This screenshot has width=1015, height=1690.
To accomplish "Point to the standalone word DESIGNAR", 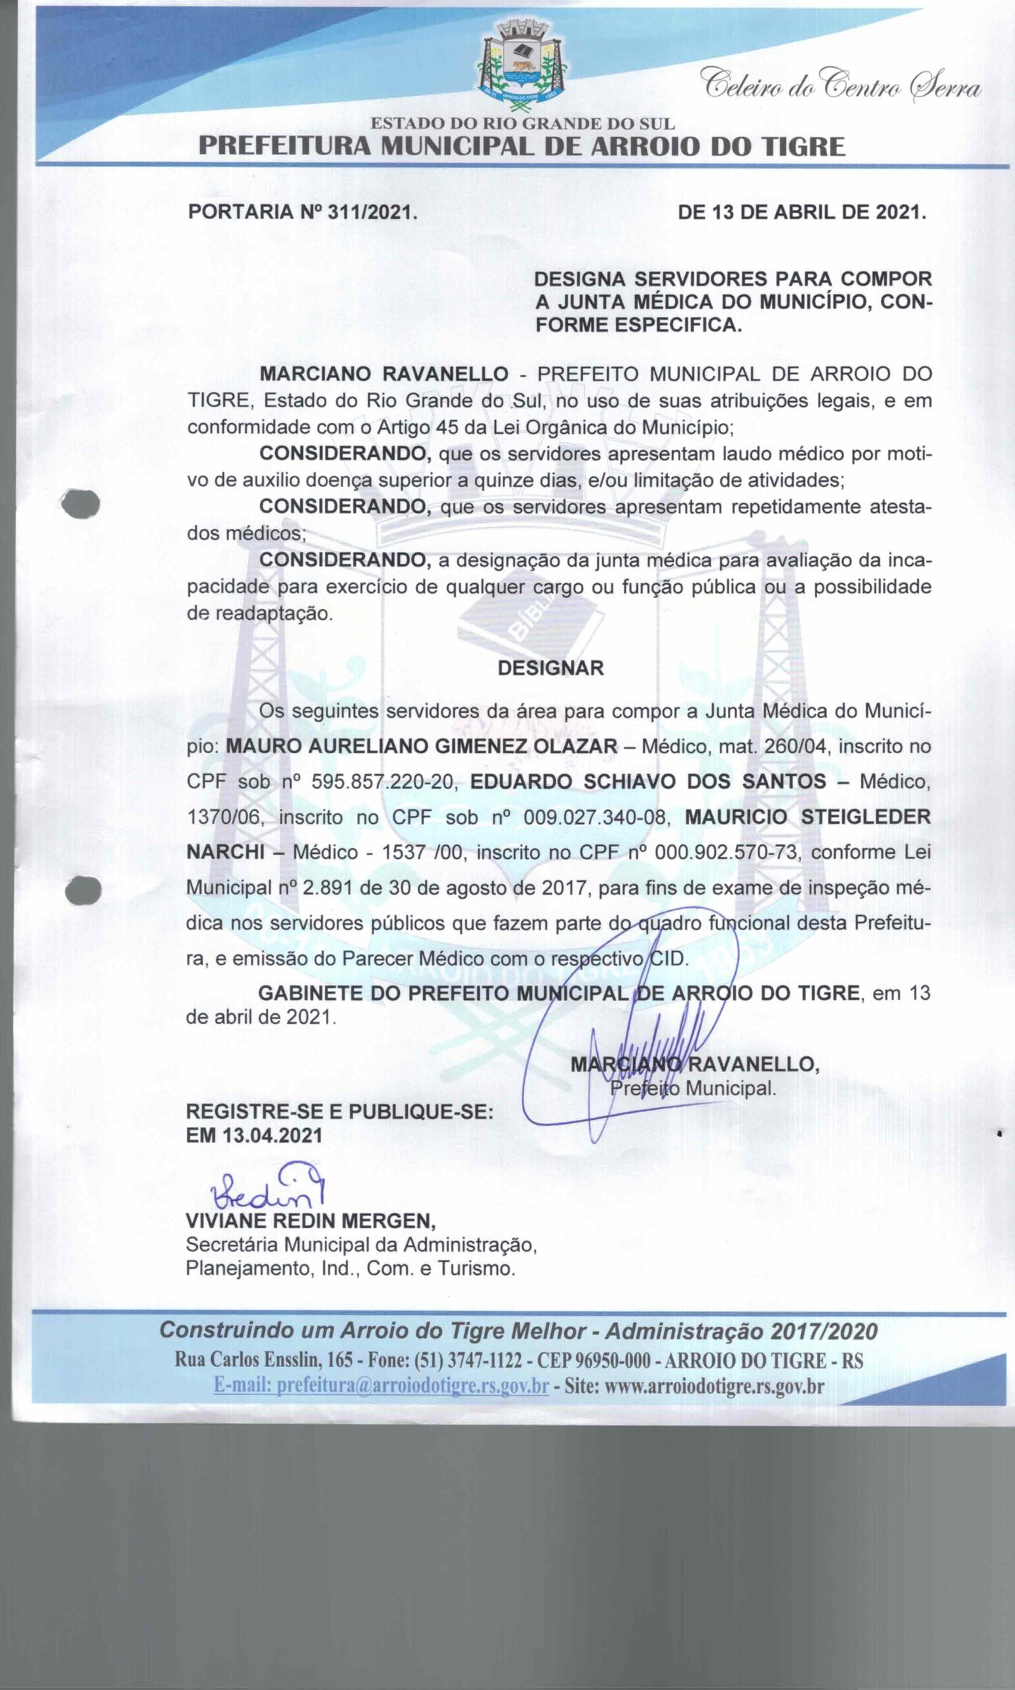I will point(550,669).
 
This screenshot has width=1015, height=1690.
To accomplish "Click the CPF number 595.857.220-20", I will point(383,782).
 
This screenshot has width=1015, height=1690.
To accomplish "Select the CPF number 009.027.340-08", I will point(595,817).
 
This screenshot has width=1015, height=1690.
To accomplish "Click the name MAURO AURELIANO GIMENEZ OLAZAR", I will point(422,746).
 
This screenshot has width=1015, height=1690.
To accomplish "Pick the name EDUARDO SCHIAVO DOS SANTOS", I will point(648,782).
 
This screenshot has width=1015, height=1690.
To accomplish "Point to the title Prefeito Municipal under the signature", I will point(693,1088).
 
